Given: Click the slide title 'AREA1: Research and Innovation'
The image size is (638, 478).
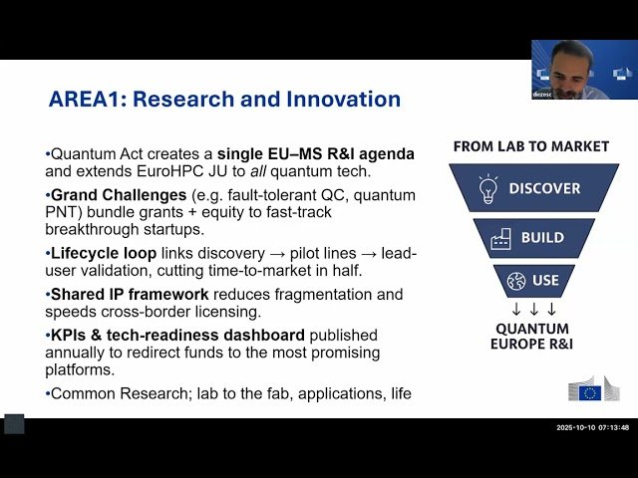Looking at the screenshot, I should (224, 100).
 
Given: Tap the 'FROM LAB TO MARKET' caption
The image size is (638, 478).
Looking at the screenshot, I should (530, 146).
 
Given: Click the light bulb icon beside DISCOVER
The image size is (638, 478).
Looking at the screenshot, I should (487, 187).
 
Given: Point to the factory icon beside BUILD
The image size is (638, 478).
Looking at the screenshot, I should (500, 238).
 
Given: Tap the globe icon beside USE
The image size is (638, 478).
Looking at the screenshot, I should (515, 281).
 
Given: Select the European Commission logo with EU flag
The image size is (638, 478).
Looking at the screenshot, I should (592, 388).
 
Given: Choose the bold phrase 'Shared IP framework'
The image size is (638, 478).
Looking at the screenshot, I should (129, 294).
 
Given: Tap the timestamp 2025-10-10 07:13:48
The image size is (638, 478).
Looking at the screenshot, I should (592, 427).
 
